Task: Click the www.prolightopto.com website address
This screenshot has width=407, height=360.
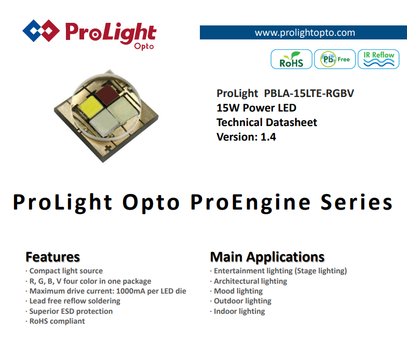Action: pos(305,33)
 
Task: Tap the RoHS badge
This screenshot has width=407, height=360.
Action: pos(291,59)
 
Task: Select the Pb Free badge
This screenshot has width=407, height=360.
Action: pos(335,59)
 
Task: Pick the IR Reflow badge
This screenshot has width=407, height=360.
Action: pos(378,59)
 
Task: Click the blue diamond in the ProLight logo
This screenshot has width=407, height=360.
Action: pos(34,31)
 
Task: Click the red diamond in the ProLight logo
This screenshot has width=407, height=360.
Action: pos(49,31)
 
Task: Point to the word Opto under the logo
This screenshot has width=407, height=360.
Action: pos(144,47)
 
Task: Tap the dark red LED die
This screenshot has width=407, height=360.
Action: pos(106,93)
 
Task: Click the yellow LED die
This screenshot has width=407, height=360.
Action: pos(90,106)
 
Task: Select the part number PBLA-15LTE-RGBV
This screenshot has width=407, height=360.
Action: pos(309,93)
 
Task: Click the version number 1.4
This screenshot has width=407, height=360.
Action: pos(268,137)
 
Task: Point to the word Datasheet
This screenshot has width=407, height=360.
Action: pos(292,122)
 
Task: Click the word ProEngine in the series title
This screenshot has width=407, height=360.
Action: pos(250,202)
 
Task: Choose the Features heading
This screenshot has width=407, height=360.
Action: pos(53,257)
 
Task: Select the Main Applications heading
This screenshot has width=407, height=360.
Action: pos(267,257)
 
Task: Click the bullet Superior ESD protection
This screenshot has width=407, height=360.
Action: pos(69,311)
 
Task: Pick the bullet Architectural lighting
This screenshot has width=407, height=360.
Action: pos(249,281)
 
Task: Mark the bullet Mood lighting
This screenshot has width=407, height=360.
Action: pos(237,292)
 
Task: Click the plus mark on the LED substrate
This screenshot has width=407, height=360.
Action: pos(108,148)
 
